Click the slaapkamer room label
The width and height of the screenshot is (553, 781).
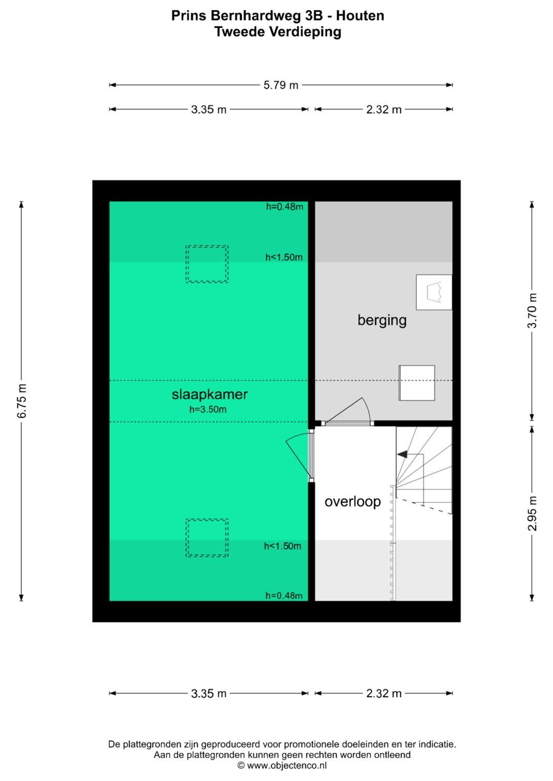209,394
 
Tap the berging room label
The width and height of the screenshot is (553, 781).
382,320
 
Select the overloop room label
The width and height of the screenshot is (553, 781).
353,501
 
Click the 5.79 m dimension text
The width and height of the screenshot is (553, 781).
281,85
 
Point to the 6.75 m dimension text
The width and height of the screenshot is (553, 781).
22,400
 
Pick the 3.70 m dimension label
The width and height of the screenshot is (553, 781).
533,310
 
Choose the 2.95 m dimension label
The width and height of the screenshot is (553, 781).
533,513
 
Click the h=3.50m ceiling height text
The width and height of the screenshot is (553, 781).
208,409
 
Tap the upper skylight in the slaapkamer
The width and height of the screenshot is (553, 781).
207,264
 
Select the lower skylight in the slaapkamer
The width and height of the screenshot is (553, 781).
207,538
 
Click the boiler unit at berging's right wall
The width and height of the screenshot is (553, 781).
434,292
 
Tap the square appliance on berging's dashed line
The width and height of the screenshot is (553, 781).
417,383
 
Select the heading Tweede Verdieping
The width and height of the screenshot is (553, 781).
278,32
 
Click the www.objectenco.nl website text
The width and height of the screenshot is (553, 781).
287,766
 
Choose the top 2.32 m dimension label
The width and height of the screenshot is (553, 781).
384,109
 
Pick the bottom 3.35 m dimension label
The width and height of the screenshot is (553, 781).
208,694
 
